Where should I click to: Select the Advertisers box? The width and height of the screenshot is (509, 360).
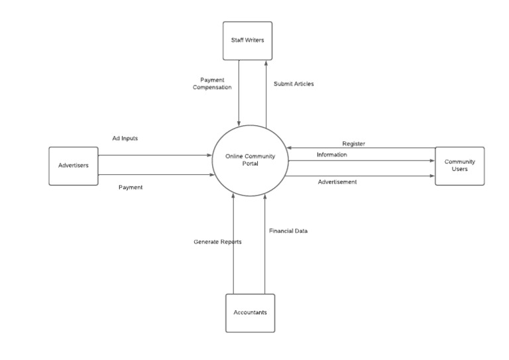(74, 166)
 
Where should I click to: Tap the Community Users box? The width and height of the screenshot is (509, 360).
(459, 166)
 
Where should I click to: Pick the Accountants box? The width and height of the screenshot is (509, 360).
(250, 312)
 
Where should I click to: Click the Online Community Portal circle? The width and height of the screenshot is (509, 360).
(250, 161)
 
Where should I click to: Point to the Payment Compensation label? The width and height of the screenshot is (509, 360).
(212, 83)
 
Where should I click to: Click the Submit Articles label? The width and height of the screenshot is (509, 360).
(294, 84)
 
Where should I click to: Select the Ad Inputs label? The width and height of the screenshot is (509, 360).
(125, 139)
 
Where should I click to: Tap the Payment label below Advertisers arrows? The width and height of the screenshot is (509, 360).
(131, 187)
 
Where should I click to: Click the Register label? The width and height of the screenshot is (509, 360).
(353, 143)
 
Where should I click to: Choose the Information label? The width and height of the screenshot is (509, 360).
(331, 154)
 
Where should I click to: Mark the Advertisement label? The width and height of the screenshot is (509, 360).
(337, 182)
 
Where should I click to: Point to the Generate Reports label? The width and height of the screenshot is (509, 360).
(217, 242)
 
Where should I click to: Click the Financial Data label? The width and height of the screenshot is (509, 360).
(288, 231)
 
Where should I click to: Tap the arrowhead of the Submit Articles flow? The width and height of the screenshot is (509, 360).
(266, 62)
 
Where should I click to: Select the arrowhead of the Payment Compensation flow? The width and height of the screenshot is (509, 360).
(239, 123)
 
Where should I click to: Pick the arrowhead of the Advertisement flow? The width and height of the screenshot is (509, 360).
(432, 176)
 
